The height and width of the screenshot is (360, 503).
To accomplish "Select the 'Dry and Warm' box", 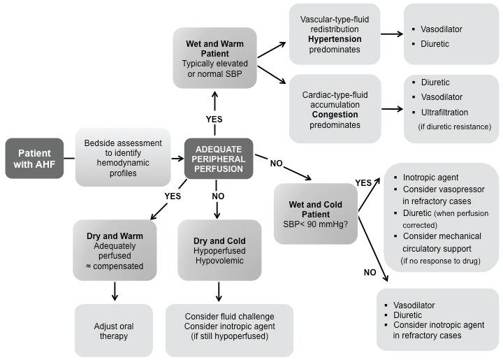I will point(112,250).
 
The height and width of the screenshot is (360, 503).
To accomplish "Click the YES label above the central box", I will point(214,119).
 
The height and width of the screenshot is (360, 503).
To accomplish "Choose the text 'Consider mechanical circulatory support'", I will point(440,243).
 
